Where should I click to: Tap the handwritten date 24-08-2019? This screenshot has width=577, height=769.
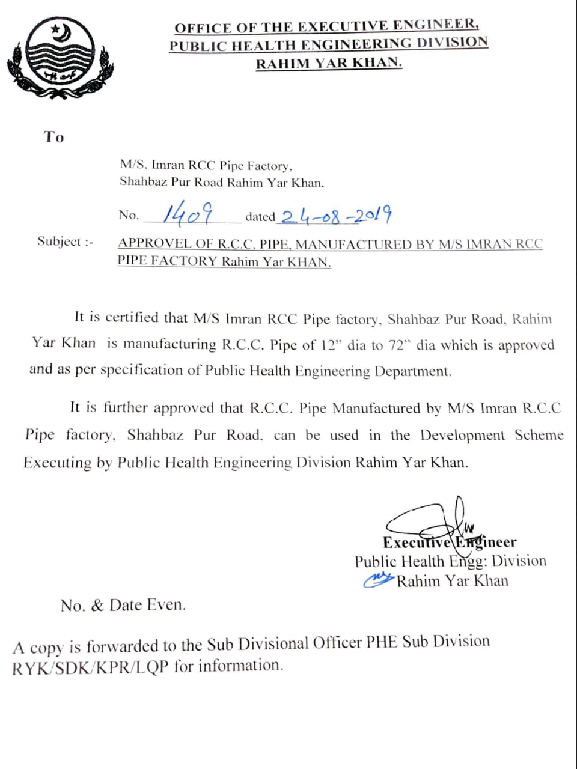point(337,215)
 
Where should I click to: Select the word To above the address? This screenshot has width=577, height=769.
point(53,137)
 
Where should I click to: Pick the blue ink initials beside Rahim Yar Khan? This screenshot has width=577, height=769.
point(379,579)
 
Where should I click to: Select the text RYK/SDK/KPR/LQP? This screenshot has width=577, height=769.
point(90,667)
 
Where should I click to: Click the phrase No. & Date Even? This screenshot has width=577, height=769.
point(123,605)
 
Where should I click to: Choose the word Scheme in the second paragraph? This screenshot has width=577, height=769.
point(539,435)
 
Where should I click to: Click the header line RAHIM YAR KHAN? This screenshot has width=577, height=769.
point(329,63)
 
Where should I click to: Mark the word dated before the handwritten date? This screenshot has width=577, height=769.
point(260,216)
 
